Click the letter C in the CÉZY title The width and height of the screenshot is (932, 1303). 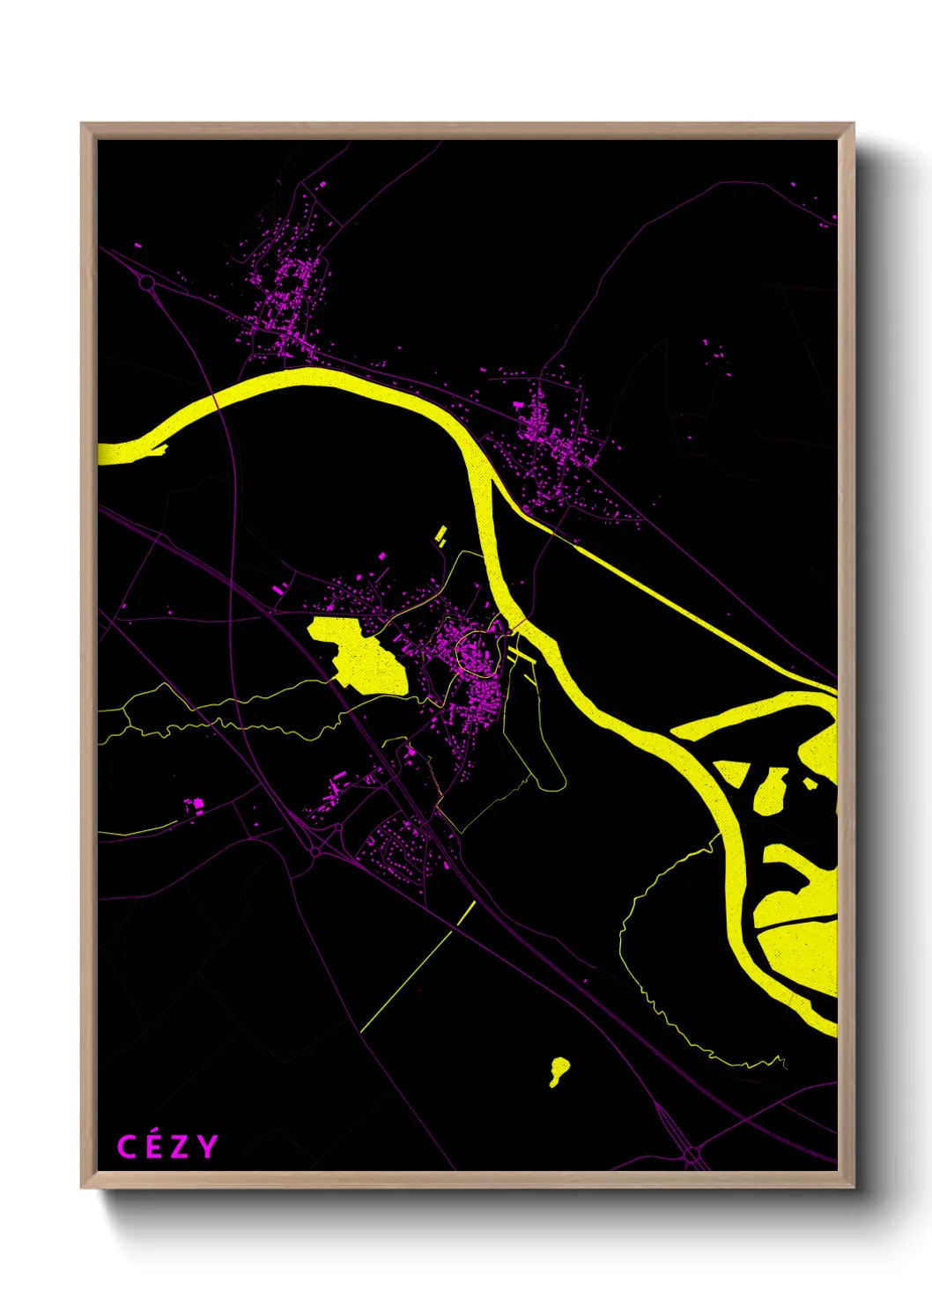tap(127, 1147)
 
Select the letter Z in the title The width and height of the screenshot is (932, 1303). tap(180, 1147)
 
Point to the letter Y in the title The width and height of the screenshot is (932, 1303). tap(207, 1147)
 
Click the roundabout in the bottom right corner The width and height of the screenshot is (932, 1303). tap(692, 1152)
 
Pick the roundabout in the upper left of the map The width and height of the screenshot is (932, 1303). tap(146, 283)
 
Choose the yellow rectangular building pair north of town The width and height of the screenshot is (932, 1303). tap(441, 533)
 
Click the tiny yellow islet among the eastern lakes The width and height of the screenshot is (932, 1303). tap(810, 783)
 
